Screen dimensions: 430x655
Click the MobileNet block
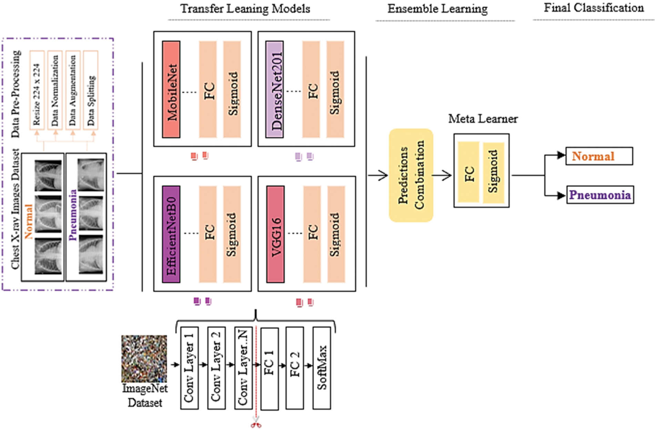[171, 90]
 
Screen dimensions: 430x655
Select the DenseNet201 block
[274, 90]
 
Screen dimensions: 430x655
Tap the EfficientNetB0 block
[171, 234]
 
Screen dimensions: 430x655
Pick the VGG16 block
[275, 234]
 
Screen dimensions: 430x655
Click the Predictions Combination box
[411, 175]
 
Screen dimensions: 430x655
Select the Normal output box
[599, 156]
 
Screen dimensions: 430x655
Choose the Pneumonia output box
[600, 195]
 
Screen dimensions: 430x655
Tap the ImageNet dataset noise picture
[144, 359]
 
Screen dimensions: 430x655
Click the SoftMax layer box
[322, 368]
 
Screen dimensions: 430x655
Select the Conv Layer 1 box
[189, 368]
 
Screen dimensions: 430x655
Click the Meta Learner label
[483, 119]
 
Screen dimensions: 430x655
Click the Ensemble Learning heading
[437, 9]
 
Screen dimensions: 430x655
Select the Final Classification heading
[594, 8]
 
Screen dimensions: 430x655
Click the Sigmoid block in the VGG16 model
[335, 234]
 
